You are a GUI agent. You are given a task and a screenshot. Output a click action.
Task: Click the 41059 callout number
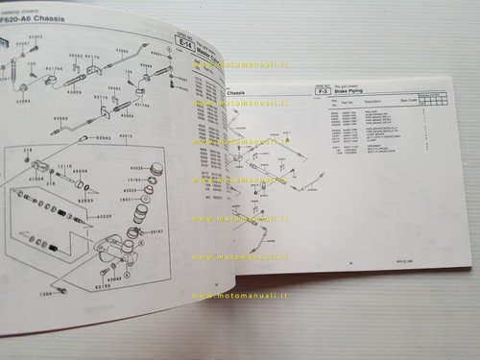[37, 180]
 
